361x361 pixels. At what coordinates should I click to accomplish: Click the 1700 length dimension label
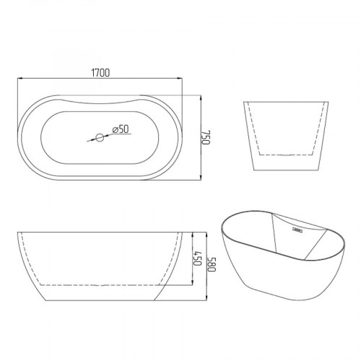pyautogui.click(x=100, y=73)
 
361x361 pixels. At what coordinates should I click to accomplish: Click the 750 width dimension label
pyautogui.click(x=206, y=137)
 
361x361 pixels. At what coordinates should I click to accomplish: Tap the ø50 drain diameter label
pyautogui.click(x=121, y=129)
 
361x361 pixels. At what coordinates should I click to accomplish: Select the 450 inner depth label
pyautogui.click(x=197, y=258)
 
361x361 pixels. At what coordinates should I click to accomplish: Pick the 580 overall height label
pyautogui.click(x=212, y=264)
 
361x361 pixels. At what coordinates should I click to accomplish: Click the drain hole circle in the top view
pyautogui.click(x=100, y=138)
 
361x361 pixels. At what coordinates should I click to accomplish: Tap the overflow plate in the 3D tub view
pyautogui.click(x=297, y=230)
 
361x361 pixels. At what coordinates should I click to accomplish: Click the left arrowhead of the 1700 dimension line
pyautogui.click(x=20, y=78)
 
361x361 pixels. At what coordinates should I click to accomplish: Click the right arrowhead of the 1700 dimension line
pyautogui.click(x=180, y=78)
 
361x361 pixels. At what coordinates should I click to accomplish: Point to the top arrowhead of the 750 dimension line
pyautogui.click(x=201, y=98)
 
